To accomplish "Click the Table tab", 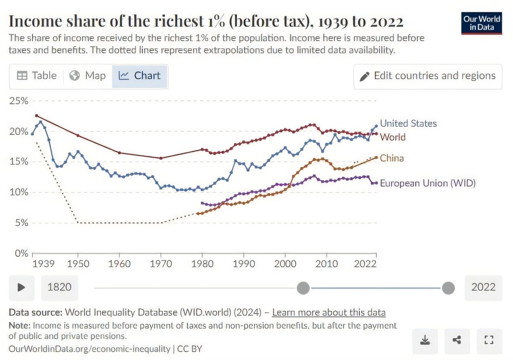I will pos(37,76).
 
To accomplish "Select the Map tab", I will pos(88,76).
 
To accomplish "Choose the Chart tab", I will pos(140,76).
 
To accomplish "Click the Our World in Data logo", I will pos(482,23).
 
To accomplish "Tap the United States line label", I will pos(408,124).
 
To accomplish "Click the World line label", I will pos(392,137).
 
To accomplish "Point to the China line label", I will pos(392,158).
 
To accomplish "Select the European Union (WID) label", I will pos(427,183).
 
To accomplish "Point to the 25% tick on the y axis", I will pos(19,101).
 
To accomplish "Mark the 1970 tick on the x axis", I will pos(161,264).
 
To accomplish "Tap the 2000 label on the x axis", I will pos(286,264).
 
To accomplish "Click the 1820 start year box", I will pos(59,287).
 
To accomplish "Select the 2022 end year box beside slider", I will pos(483,287).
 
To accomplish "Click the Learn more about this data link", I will pos(329,313).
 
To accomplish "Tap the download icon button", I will pos(425,340).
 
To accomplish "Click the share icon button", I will pos(457,340).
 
